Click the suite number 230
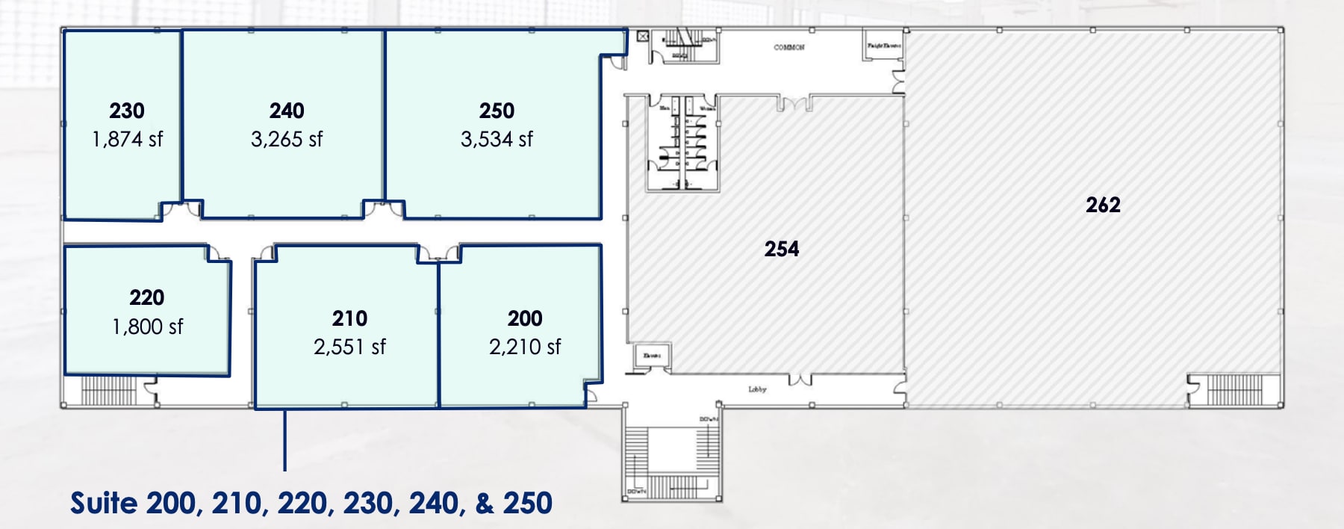(x=127, y=111)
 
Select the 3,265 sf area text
(x=287, y=139)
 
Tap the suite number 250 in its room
(x=497, y=111)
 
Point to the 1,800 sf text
(x=147, y=327)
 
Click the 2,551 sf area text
(x=349, y=347)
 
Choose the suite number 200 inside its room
(x=525, y=318)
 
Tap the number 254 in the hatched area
(x=782, y=249)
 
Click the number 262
(x=1103, y=205)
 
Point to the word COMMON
(x=788, y=48)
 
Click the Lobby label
(x=757, y=389)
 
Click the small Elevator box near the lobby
(x=653, y=356)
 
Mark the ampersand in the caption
(x=484, y=503)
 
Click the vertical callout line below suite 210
(x=284, y=441)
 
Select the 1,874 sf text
(x=127, y=139)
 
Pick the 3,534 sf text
(x=497, y=139)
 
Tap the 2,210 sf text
(x=525, y=347)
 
